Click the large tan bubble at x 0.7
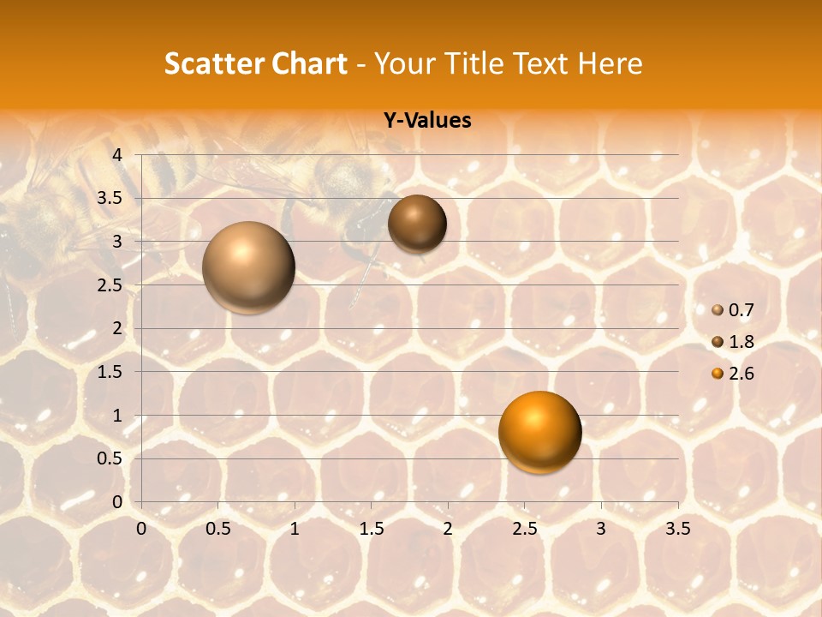click(248, 267)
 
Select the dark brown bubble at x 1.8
click(417, 224)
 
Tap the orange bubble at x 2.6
click(539, 432)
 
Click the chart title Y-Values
click(427, 120)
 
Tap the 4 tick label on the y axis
click(117, 155)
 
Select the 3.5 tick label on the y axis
click(110, 198)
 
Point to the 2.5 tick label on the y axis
click(110, 285)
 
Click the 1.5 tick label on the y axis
click(110, 372)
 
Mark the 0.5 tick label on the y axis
click(110, 459)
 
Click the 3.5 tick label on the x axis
click(677, 530)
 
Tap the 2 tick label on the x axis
click(448, 530)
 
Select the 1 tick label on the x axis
click(295, 530)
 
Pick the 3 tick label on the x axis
click(601, 530)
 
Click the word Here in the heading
click(610, 63)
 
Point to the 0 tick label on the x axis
click(141, 530)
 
